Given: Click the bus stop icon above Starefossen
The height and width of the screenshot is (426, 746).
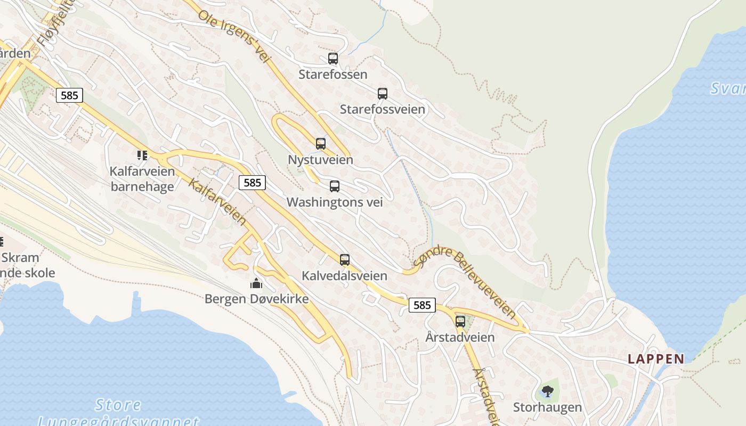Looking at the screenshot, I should coord(333,59).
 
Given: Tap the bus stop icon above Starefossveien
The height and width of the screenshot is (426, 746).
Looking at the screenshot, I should coord(383,94).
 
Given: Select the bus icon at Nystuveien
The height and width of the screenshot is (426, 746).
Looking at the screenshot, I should coord(321,144).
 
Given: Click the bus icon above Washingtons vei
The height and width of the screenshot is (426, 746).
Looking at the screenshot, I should coord(335,186).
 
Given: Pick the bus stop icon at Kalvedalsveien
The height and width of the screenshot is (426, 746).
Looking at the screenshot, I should coord(345,260).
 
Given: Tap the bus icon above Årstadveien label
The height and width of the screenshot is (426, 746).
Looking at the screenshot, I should coord(460,322).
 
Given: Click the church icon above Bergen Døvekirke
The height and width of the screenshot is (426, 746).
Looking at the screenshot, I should coord(256,283).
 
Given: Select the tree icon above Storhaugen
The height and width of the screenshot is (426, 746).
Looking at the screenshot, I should coord(547,392).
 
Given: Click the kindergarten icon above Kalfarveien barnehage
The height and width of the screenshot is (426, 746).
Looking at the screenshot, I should coord(142,155).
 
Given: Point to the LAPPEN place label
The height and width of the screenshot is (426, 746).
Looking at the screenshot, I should coord(656,359).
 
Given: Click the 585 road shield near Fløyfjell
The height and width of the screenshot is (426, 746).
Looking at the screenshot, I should coord(69,95).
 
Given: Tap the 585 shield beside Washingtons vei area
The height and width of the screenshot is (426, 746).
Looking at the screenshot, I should coord(252,183).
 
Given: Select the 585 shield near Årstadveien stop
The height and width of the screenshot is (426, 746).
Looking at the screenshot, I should coord(422,305).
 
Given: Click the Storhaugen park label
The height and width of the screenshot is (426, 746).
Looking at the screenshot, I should coord(547,407).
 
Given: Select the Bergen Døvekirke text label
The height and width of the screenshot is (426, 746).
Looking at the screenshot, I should coord(256,299).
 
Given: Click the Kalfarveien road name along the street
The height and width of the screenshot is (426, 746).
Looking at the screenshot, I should coord(218,202).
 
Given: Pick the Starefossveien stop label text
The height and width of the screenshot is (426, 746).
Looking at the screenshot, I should coord(383,109).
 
